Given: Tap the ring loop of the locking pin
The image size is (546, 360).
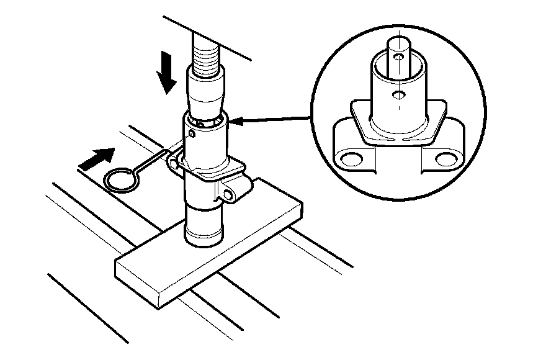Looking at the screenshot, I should click(120, 179).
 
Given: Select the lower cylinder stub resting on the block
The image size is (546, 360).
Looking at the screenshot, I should click(205, 227).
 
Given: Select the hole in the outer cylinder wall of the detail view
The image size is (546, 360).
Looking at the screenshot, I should click(398, 95).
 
